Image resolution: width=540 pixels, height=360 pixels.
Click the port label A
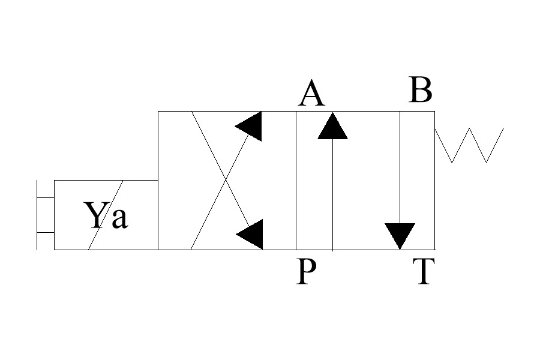click(x=311, y=94)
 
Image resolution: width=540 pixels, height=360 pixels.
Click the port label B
click(x=420, y=91)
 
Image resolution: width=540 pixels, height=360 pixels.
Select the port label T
click(x=422, y=272)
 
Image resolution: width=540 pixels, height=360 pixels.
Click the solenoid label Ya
click(x=106, y=216)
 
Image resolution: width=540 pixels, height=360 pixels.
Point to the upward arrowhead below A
click(x=333, y=125)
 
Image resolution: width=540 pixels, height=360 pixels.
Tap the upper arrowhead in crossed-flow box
click(x=251, y=126)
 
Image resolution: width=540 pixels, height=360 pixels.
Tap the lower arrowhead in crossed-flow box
click(x=251, y=234)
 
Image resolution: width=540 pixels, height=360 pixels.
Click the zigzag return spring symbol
click(x=469, y=145)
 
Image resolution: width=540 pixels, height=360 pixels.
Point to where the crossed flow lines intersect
click(x=226, y=180)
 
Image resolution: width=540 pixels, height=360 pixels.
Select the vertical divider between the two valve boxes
click(x=296, y=180)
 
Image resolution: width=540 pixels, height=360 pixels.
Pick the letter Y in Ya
click(x=95, y=216)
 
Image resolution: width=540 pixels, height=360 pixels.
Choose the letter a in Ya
click(x=119, y=219)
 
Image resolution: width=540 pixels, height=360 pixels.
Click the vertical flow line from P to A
click(x=333, y=192)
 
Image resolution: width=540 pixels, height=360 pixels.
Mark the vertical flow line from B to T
click(x=400, y=168)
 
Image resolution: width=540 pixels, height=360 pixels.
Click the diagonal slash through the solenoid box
click(x=106, y=214)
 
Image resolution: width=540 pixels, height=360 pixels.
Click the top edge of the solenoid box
click(x=106, y=180)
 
